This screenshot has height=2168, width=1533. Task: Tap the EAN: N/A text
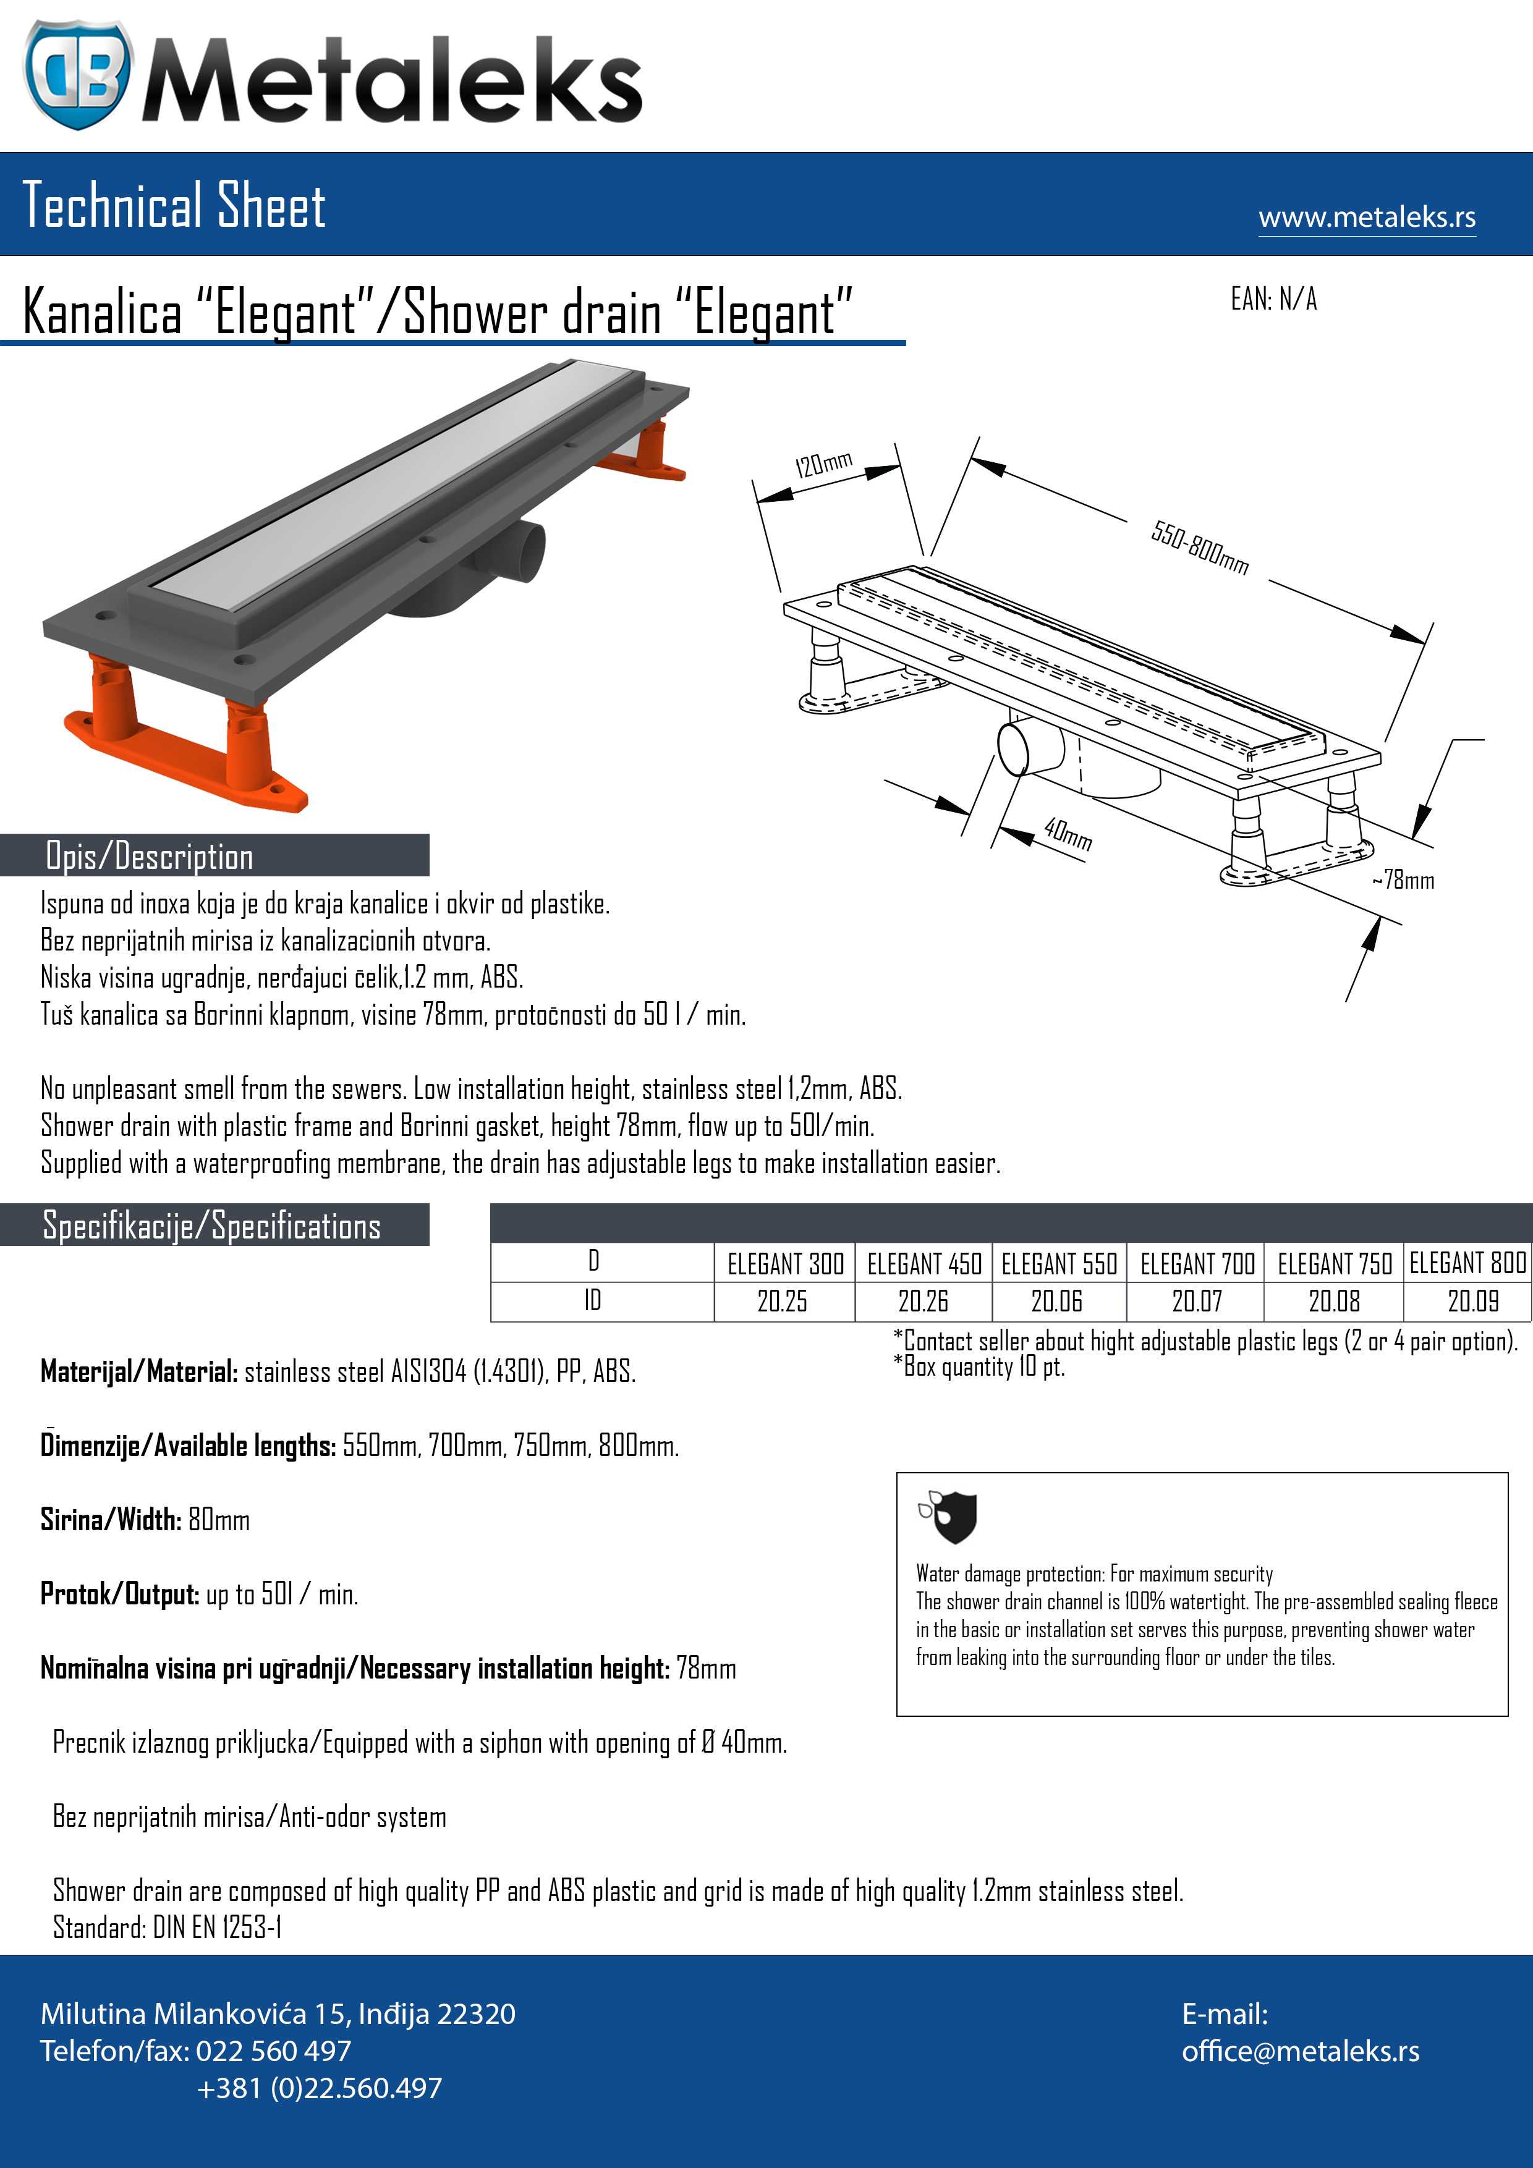coord(1273,300)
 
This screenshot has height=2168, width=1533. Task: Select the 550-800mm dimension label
coord(1200,548)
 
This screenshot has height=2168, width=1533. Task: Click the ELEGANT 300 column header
coord(785,1263)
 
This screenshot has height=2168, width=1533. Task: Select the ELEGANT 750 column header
coord(1334,1263)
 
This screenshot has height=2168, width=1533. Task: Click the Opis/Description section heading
coord(149,857)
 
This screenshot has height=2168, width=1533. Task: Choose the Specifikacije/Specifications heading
coord(211,1226)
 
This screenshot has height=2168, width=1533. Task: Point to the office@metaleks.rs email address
coord(1300,2051)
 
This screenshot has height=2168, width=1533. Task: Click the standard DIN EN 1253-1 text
coord(167,1927)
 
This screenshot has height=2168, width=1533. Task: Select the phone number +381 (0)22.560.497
coord(319,2088)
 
